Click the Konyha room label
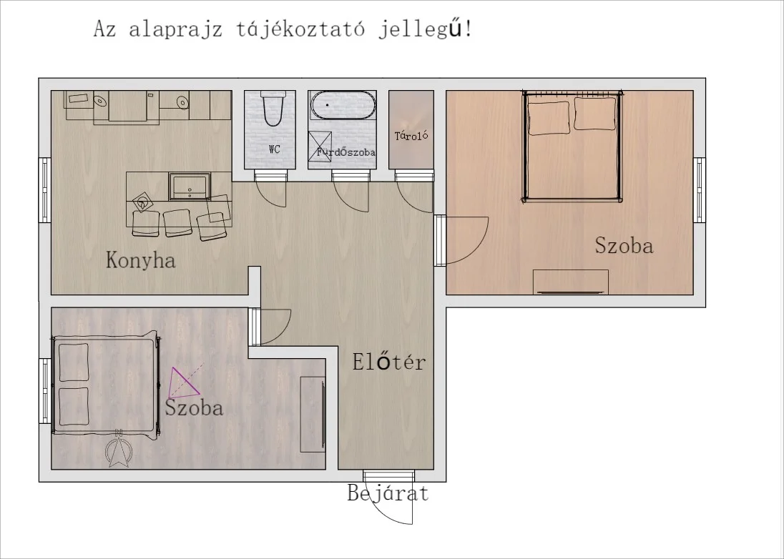(141, 259)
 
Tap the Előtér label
(388, 362)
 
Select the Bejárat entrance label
(388, 493)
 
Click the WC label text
(274, 149)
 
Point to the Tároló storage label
(411, 136)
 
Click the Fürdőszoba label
(346, 152)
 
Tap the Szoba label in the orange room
(624, 247)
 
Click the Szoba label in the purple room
(194, 408)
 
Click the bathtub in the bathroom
(343, 105)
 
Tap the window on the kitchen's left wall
(44, 191)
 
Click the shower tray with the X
(318, 145)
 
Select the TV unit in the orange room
(571, 282)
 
